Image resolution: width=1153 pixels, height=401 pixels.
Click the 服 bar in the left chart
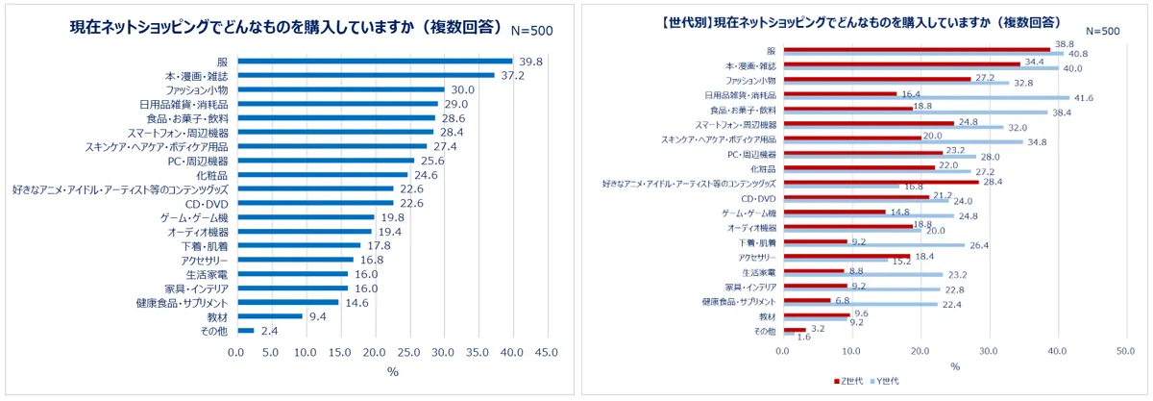pyautogui.click(x=375, y=61)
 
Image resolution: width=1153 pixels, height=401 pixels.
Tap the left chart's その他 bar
pyautogui.click(x=245, y=330)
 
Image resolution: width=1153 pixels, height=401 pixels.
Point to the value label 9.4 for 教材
pyautogui.click(x=318, y=316)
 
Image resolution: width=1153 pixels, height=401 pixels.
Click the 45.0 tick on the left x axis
pyautogui.click(x=546, y=353)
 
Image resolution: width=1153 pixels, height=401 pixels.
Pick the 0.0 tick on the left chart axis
pyautogui.click(x=237, y=353)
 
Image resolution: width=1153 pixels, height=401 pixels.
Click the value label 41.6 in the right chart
pyautogui.click(x=1084, y=98)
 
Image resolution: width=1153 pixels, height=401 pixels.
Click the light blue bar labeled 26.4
pyautogui.click(x=874, y=245)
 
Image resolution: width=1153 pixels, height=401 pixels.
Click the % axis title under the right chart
pyautogui.click(x=954, y=366)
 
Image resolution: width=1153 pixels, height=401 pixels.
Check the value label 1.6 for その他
pyautogui.click(x=804, y=338)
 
